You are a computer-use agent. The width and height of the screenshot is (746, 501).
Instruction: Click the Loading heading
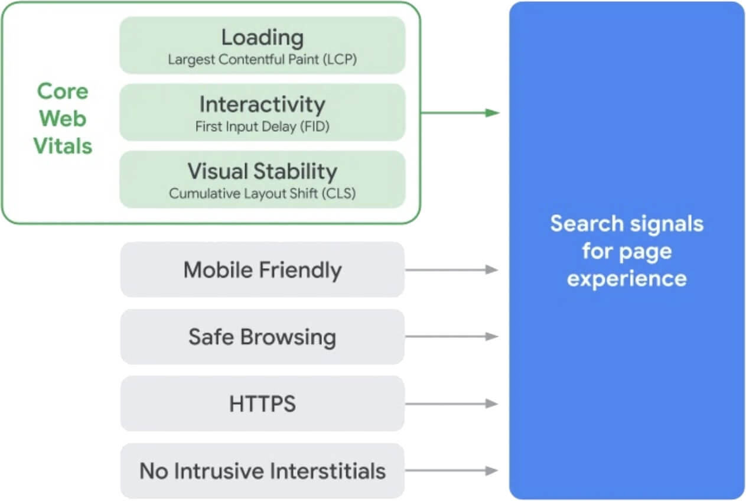point(262,38)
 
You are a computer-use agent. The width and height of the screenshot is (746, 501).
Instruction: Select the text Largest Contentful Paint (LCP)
point(262,60)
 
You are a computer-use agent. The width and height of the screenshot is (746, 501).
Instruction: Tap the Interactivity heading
point(262,105)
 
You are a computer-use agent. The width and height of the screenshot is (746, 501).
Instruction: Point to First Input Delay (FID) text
point(262,126)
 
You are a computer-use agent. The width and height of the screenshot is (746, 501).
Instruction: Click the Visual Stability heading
point(262,171)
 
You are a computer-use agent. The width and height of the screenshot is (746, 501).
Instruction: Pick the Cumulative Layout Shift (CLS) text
point(262,193)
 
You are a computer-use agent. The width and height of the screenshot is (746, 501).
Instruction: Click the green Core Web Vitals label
point(63,118)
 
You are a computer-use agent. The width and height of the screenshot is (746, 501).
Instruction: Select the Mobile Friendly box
point(262,270)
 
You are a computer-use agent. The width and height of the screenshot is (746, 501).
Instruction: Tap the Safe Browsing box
point(262,337)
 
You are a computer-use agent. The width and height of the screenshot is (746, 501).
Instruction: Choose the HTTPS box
point(262,404)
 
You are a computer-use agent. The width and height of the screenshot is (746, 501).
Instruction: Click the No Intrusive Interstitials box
point(262,471)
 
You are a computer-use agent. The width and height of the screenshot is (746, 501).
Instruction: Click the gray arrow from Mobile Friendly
point(451,270)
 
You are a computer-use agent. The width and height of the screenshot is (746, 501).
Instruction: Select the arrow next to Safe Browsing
point(451,337)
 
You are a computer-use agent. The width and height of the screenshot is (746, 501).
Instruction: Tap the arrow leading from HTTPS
point(451,404)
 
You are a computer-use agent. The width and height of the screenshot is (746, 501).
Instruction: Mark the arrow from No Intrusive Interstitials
point(451,471)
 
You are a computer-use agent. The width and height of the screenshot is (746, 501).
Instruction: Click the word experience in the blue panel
point(627,278)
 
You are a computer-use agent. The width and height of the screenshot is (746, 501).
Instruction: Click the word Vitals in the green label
point(63,145)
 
